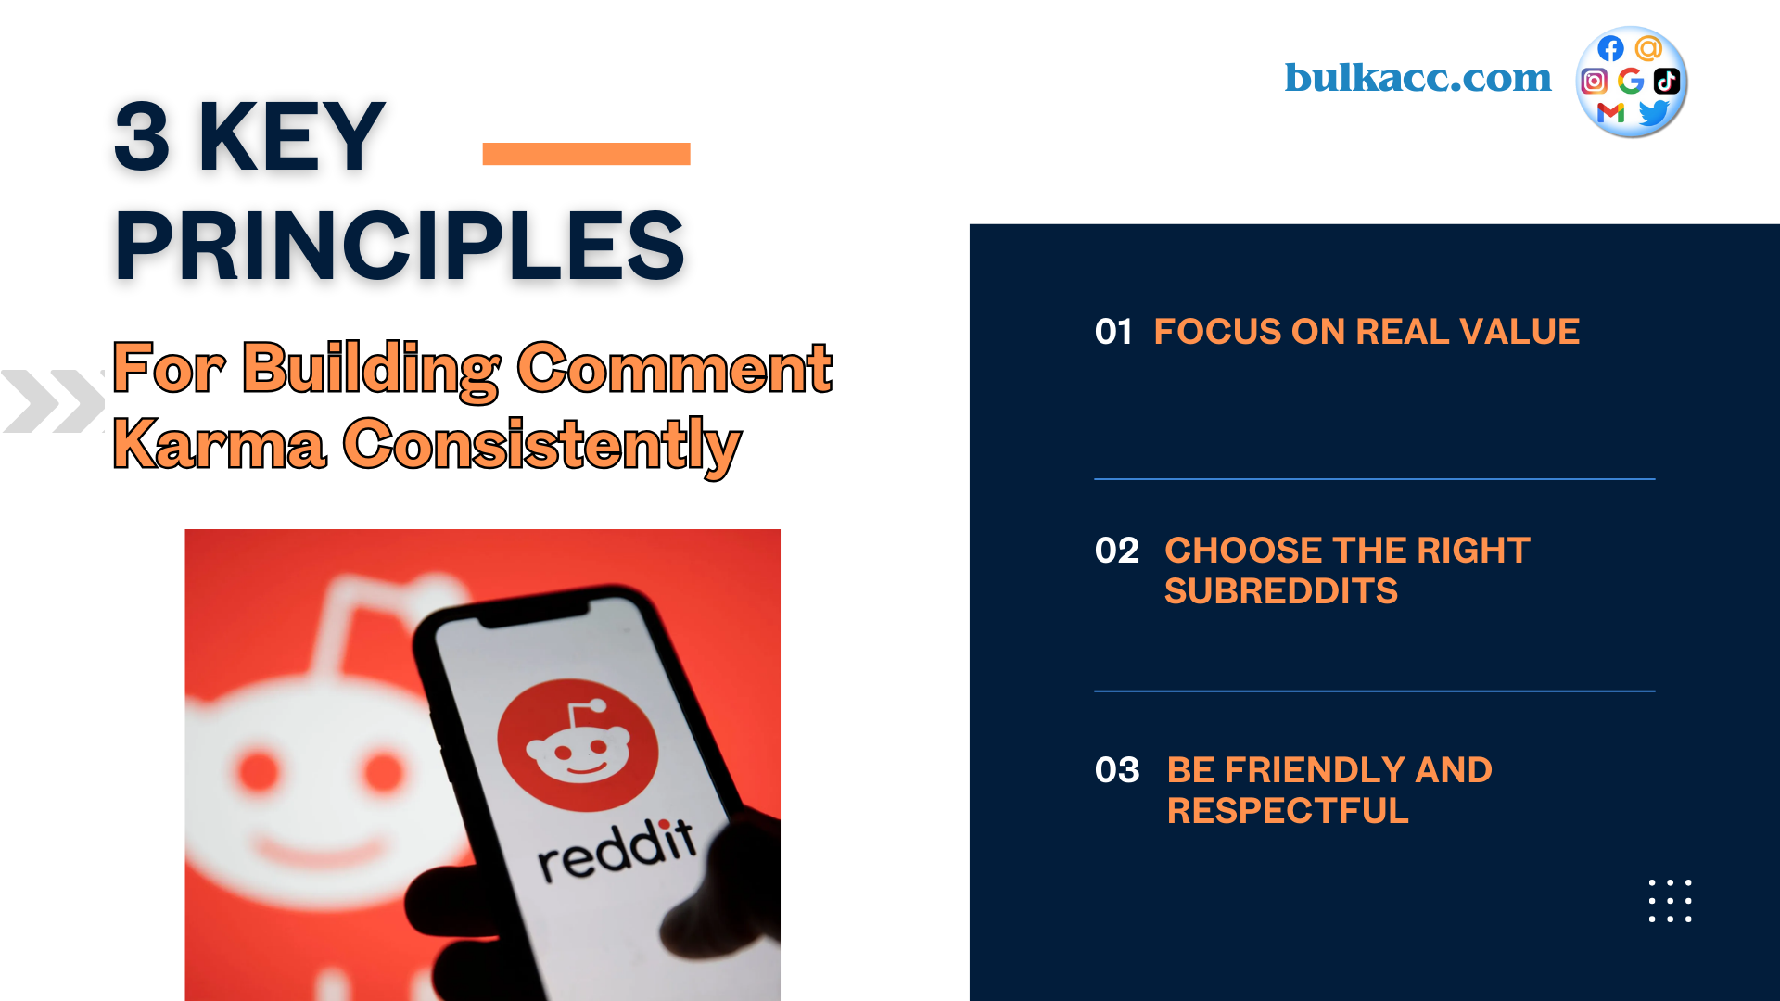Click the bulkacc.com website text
[x=1418, y=78]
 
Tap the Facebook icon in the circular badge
[x=1610, y=49]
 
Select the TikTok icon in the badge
[x=1667, y=82]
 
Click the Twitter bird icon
[x=1654, y=113]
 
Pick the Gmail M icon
[x=1611, y=113]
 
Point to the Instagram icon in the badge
[x=1594, y=82]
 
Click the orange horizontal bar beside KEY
[x=586, y=154]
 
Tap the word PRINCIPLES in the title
[x=400, y=246]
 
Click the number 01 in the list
[x=1113, y=332]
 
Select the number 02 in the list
[x=1116, y=551]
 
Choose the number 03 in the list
[x=1117, y=770]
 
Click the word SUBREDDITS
[x=1280, y=591]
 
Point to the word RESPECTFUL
[x=1288, y=811]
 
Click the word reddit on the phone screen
[x=617, y=850]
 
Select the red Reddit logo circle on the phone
[x=578, y=745]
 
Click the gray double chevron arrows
[x=53, y=401]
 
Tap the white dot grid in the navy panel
[x=1670, y=901]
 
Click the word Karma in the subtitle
[x=220, y=445]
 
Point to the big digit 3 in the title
[x=143, y=137]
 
